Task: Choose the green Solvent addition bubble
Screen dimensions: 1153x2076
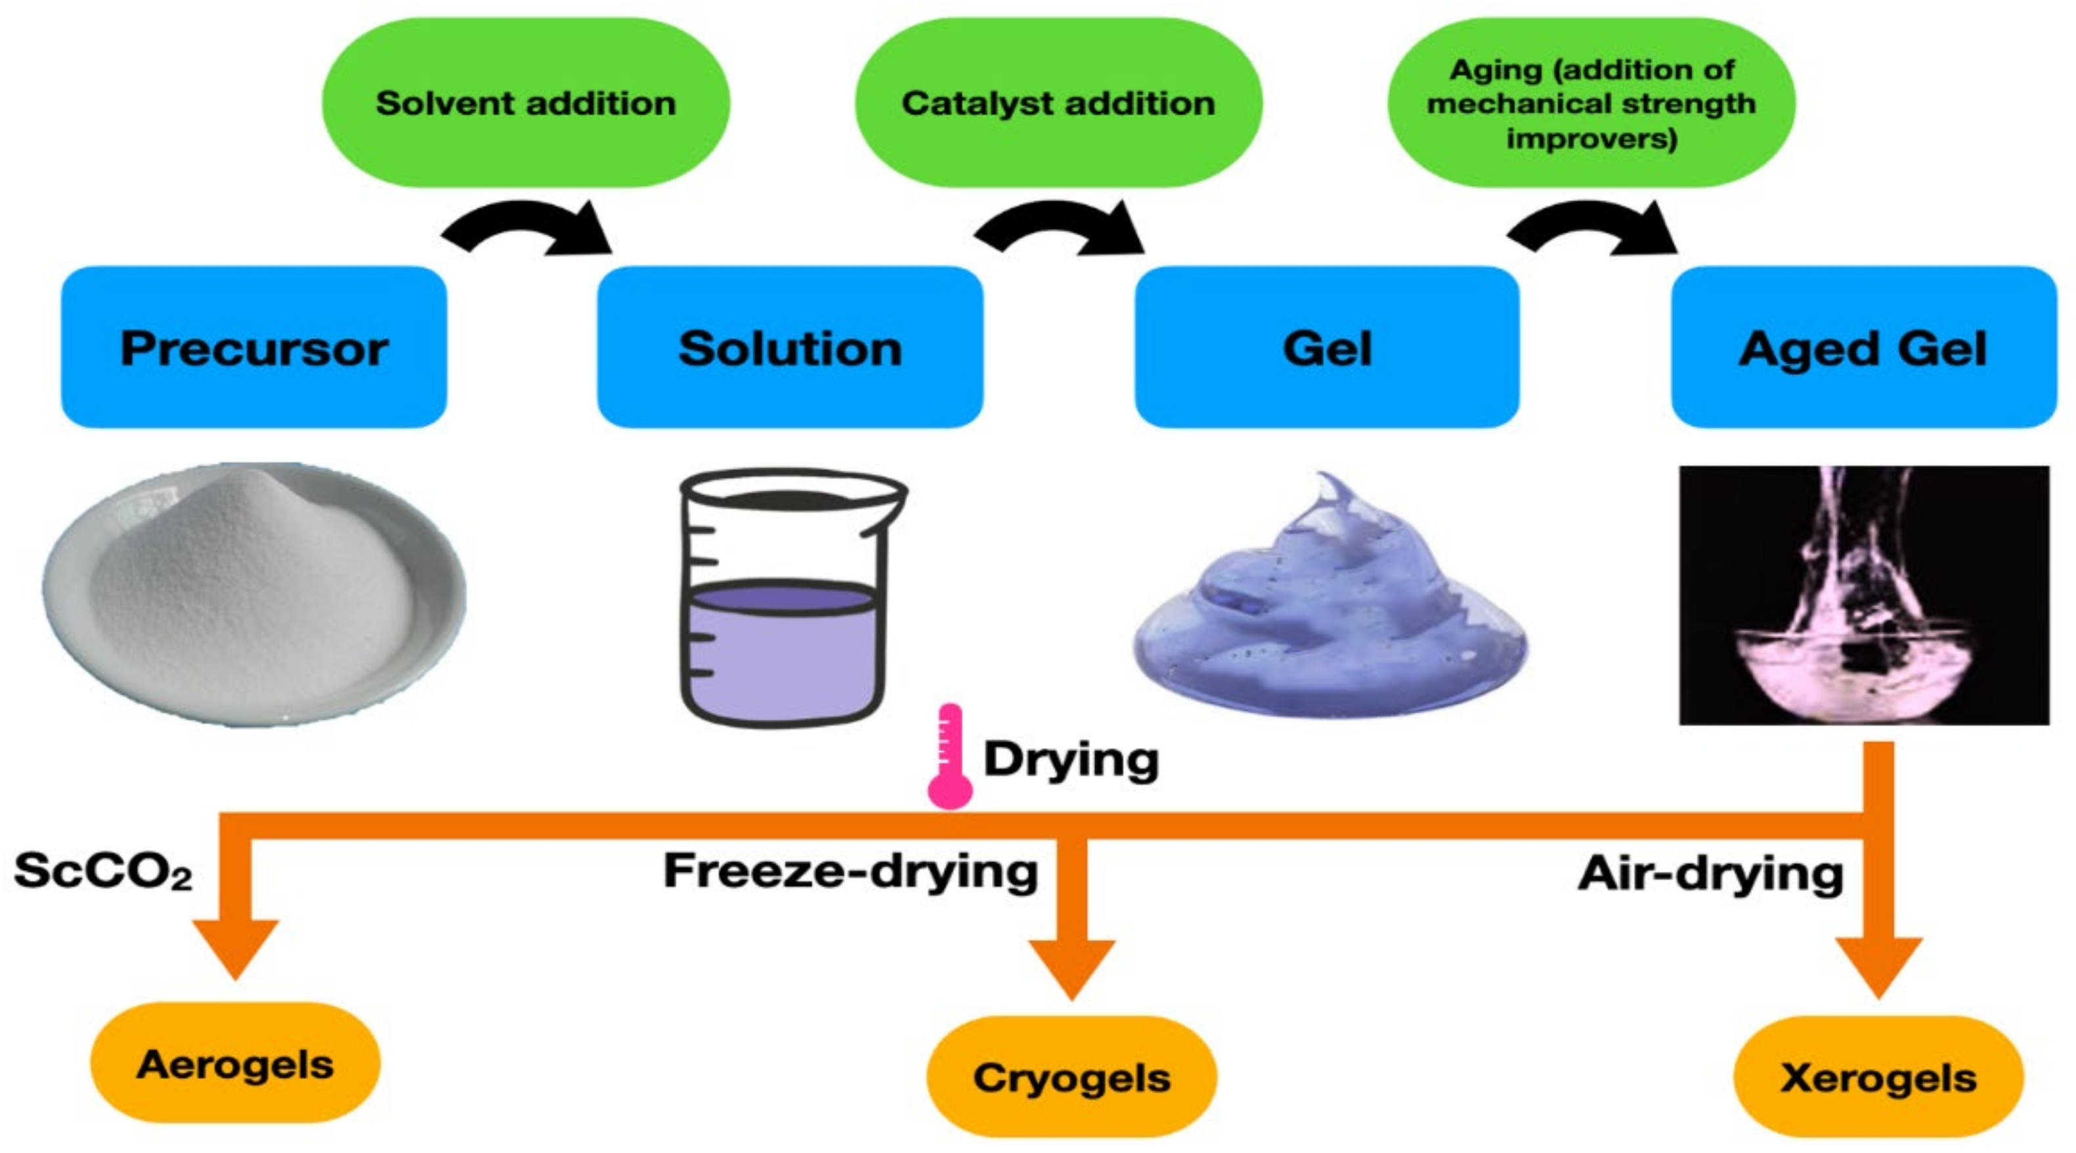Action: coord(525,103)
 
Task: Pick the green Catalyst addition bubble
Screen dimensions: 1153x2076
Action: coord(1058,103)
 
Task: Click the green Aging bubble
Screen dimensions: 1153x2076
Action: coord(1591,103)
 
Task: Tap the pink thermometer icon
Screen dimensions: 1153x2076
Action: coord(949,757)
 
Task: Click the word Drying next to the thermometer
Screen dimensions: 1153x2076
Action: coord(1070,759)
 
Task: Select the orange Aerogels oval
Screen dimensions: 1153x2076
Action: coord(234,1064)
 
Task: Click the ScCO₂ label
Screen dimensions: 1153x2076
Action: coord(103,871)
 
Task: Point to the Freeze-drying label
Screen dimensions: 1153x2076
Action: coord(850,871)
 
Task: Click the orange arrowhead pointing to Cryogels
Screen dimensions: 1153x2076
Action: coord(1072,967)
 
